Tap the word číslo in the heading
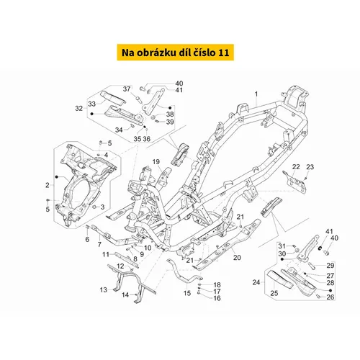pos(204,53)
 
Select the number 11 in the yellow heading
pos(224,53)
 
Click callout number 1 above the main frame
pos(256,94)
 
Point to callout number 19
pos(156,162)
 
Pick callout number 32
pos(78,109)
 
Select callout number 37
pos(127,89)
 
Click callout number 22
pos(296,167)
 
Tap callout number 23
pos(310,167)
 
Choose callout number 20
pos(237,258)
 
